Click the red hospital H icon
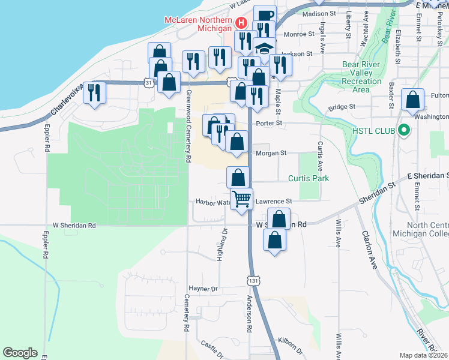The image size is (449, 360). (x=241, y=23)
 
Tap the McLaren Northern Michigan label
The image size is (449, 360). (x=198, y=24)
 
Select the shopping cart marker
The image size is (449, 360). (x=242, y=199)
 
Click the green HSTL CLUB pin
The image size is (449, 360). (x=404, y=130)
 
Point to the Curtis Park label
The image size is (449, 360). (x=309, y=178)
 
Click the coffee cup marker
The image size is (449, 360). (x=265, y=16)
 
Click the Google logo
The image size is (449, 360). (x=20, y=352)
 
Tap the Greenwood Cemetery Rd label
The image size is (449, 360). (x=188, y=127)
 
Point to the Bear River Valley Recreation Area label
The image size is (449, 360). (x=361, y=77)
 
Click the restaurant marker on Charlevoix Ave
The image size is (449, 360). (x=94, y=93)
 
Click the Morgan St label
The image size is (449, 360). (x=271, y=153)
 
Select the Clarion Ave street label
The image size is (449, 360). (x=369, y=250)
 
